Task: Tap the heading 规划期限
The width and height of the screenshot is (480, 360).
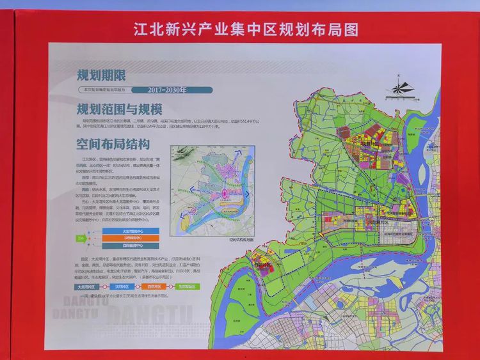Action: pyautogui.click(x=99, y=74)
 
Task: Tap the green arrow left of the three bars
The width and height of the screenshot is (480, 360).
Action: pyautogui.click(x=81, y=238)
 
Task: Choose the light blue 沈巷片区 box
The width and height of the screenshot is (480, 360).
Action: pyautogui.click(x=124, y=287)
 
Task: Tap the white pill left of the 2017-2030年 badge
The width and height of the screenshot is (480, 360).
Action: pyautogui.click(x=106, y=90)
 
